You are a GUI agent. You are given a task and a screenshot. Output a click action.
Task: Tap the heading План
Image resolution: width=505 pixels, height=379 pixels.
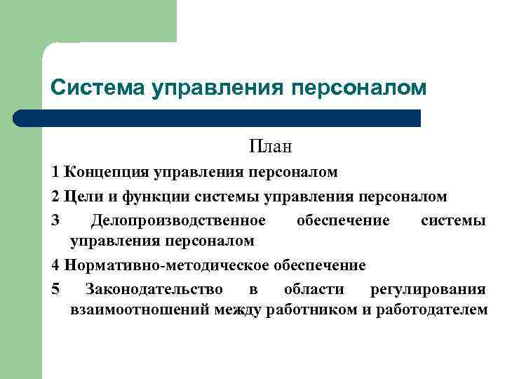[x=269, y=147]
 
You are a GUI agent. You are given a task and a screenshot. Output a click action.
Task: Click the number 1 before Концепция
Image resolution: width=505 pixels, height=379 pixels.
[x=55, y=173]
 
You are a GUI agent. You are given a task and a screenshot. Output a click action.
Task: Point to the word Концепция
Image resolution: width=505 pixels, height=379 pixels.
[x=104, y=173]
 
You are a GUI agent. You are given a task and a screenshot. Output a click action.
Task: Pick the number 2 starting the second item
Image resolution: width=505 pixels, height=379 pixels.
[x=55, y=197]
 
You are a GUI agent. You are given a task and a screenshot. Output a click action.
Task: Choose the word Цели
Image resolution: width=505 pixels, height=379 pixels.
[x=82, y=197]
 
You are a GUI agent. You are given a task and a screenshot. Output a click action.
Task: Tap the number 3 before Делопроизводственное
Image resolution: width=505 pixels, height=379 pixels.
[x=55, y=220]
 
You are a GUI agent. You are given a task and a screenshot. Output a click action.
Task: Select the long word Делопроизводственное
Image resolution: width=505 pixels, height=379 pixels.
[x=178, y=220]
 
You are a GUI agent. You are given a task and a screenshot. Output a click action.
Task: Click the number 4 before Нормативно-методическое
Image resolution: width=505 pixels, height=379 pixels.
[x=55, y=265]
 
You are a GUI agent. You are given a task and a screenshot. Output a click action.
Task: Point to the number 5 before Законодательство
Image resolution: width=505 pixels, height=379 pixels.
[x=55, y=289]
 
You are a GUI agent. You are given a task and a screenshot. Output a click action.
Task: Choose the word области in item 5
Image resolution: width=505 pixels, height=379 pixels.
[x=314, y=289]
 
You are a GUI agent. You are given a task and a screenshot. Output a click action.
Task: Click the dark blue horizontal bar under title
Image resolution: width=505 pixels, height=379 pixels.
[x=217, y=118]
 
